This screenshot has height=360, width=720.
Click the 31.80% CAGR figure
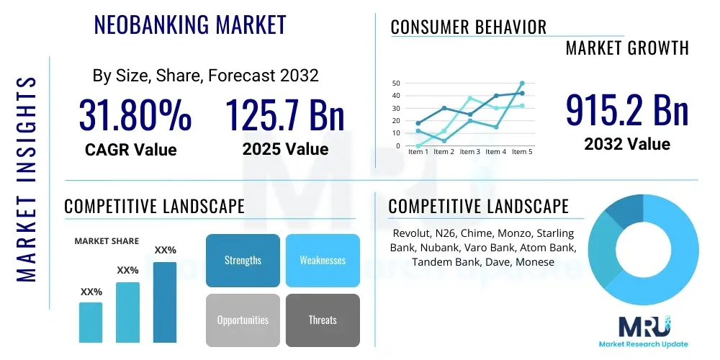[x=135, y=115]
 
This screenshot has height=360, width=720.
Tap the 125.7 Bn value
[x=285, y=115]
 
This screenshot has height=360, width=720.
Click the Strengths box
[x=243, y=260]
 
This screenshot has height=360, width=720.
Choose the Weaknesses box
[x=323, y=260]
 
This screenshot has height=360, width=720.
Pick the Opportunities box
[x=243, y=320]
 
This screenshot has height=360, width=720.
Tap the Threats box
[x=323, y=320]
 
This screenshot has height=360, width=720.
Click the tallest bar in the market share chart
[x=164, y=302]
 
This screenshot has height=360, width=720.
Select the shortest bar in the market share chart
[x=91, y=322]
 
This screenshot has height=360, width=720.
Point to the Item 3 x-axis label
[x=469, y=152]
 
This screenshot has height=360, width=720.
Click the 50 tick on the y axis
[x=396, y=84]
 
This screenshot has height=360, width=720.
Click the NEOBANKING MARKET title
[x=190, y=24]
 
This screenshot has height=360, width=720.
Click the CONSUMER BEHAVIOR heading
[x=469, y=27]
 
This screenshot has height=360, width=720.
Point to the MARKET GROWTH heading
[x=627, y=48]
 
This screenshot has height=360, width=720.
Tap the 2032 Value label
[x=626, y=144]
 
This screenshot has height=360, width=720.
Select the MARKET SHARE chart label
[x=107, y=241]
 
